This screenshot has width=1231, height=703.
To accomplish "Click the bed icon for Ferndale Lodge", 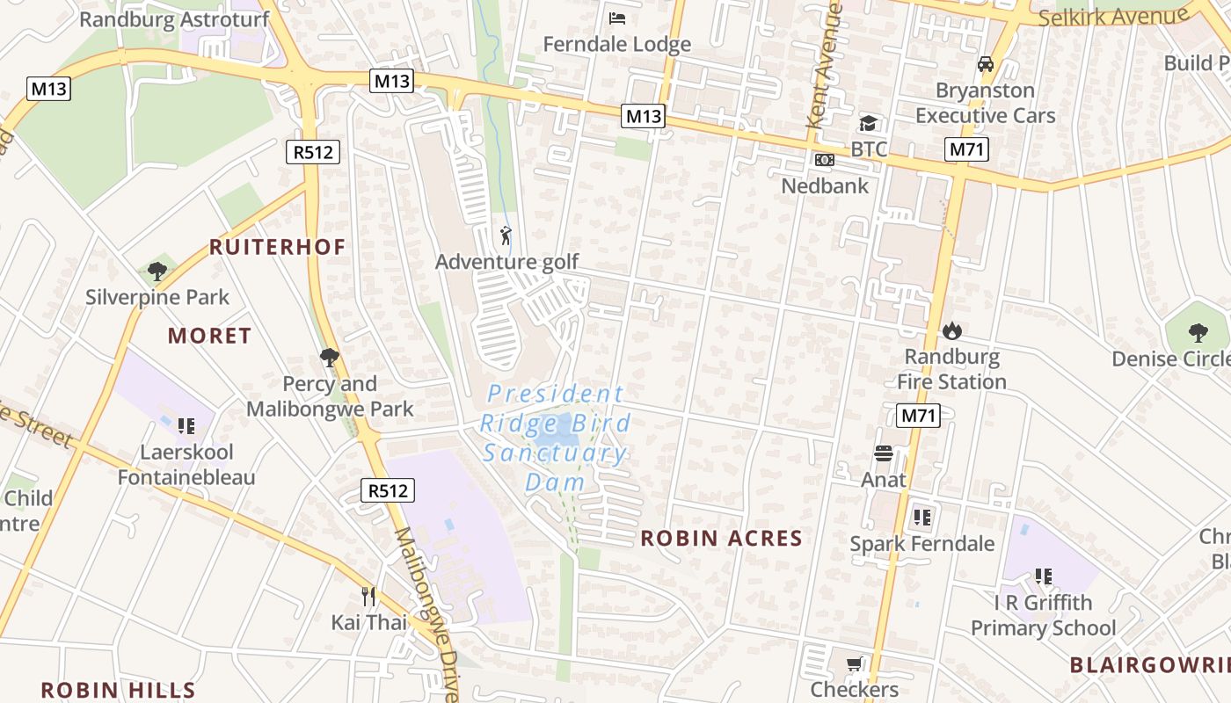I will coord(617,18).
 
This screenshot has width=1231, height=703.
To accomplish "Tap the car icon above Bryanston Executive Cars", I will coord(985,64).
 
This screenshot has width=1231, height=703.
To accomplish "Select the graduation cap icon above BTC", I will coord(869,123).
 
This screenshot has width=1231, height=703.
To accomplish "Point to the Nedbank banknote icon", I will coord(825,160).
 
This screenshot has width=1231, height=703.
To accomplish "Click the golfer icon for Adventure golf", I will coord(506,236).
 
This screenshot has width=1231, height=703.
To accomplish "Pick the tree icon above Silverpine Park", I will coord(157,272).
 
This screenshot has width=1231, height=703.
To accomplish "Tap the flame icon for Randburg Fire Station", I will coord(951,330).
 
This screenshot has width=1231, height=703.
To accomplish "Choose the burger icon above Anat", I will coord(884,453).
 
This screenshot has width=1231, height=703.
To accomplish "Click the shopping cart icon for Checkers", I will coord(854,664).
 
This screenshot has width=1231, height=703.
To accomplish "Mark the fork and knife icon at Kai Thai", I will coord(368,597).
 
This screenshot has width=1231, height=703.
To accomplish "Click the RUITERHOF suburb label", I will coord(277,247).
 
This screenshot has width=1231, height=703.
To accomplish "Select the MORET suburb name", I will coord(209,336).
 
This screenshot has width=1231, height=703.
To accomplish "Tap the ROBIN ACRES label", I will coord(721,539).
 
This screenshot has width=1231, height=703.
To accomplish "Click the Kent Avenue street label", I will coord(825,66).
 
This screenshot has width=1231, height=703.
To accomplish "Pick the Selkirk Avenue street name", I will coord(1113,17).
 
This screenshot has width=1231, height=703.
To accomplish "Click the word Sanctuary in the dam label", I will coord(555,453).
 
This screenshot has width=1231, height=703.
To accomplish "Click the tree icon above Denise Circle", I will coord(1198,332).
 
